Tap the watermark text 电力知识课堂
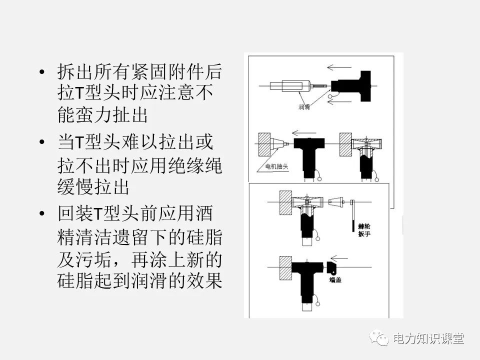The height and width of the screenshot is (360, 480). coord(428,338)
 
